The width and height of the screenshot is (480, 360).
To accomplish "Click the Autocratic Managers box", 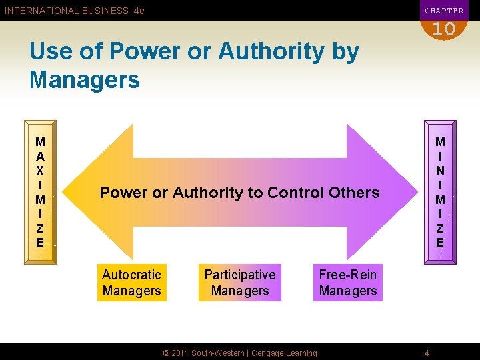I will (x=131, y=283).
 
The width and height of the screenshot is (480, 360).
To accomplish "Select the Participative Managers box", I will (x=239, y=283).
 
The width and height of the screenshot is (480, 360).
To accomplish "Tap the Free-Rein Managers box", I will (x=347, y=283).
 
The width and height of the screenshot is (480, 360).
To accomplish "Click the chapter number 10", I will (x=443, y=29).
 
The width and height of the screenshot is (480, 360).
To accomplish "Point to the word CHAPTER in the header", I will (x=444, y=11).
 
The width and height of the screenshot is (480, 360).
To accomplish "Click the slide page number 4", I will (x=427, y=353).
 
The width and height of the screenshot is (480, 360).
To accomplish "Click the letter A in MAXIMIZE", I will (x=41, y=155).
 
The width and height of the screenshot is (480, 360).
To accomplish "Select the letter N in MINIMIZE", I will (x=440, y=170).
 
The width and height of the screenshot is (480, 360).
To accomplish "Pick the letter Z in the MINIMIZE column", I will (x=440, y=228).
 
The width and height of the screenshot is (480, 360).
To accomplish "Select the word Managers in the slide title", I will (x=85, y=80).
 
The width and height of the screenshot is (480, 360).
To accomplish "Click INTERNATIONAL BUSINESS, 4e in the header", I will (x=75, y=11).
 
